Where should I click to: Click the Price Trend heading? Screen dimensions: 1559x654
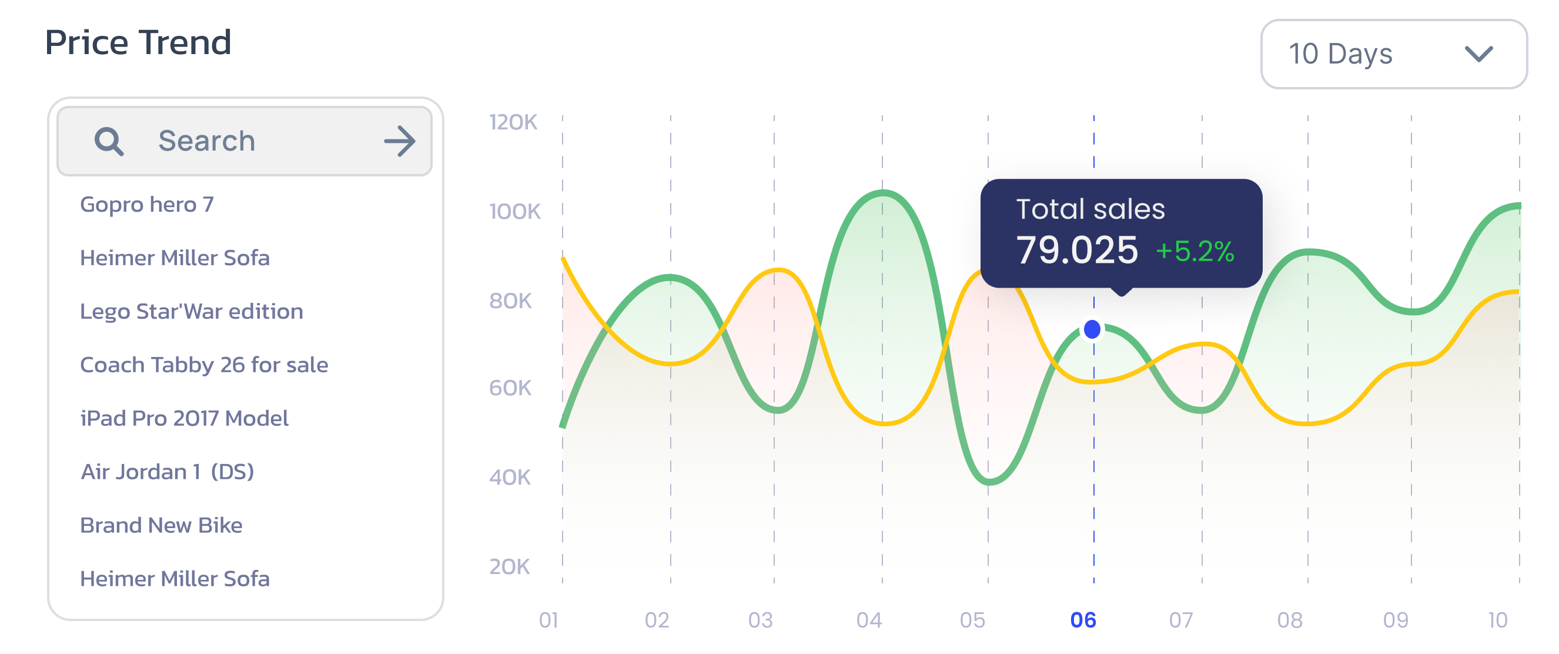(x=138, y=42)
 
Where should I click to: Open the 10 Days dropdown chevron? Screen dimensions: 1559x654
(x=1478, y=55)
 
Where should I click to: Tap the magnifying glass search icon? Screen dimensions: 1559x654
(x=109, y=142)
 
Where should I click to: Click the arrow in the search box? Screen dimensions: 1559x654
(x=400, y=141)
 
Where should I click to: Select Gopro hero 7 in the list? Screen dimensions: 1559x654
(x=147, y=205)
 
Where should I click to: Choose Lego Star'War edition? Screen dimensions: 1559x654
(x=191, y=311)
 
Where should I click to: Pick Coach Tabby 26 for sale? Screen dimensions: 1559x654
(x=204, y=365)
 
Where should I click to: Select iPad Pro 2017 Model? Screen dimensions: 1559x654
(x=185, y=418)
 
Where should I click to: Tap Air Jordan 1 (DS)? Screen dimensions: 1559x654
(x=168, y=472)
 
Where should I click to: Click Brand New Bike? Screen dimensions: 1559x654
(x=161, y=525)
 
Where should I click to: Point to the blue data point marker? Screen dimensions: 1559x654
(x=1092, y=329)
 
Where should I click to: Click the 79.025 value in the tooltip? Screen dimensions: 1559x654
(x=1076, y=250)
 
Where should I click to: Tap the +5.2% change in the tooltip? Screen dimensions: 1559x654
(x=1195, y=251)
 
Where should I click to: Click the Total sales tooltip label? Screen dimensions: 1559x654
(x=1090, y=209)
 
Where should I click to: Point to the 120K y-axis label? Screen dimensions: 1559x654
(x=513, y=122)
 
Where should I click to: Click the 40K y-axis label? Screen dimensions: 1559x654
(x=510, y=477)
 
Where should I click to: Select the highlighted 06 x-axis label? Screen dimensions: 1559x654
(x=1083, y=620)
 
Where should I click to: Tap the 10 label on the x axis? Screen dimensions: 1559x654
(x=1498, y=620)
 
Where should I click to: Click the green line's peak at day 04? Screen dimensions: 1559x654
(x=883, y=193)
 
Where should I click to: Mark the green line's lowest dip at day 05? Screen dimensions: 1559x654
(x=989, y=483)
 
